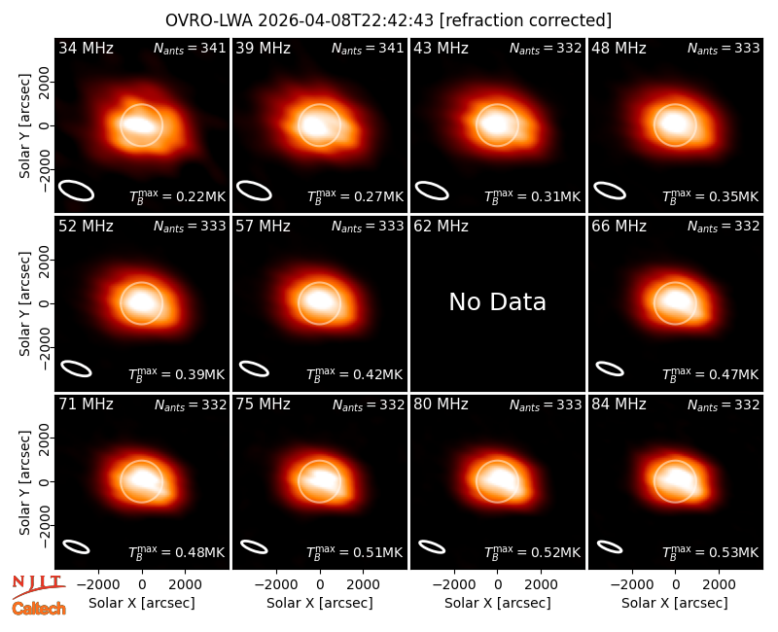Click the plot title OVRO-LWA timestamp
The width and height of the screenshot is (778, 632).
pos(388,20)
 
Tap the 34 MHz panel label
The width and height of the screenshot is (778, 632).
pos(86,48)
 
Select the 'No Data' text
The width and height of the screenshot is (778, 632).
pos(497,301)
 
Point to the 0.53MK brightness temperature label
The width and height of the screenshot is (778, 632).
pos(711,551)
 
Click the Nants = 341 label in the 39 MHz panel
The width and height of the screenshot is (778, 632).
pos(368,48)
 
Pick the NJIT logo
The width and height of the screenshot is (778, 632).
pos(38,587)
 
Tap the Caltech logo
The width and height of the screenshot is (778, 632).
pos(39,609)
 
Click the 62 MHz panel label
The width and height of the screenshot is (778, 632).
pos(442,227)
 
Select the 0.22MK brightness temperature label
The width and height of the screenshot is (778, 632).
pos(178,196)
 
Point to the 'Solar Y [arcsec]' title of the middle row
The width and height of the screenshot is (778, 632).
pos(24,303)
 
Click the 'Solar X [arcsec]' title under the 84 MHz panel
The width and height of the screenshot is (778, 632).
pos(675,603)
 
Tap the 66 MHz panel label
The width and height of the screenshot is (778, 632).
pos(619,227)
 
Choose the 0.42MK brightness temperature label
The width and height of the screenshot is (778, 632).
pos(355,374)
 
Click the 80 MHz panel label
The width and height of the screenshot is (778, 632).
pos(442,404)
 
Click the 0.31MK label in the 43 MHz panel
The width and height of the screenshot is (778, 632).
pos(533,196)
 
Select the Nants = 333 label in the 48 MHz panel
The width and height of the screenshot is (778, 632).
pos(724,48)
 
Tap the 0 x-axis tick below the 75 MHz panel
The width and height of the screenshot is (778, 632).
pos(320,585)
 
